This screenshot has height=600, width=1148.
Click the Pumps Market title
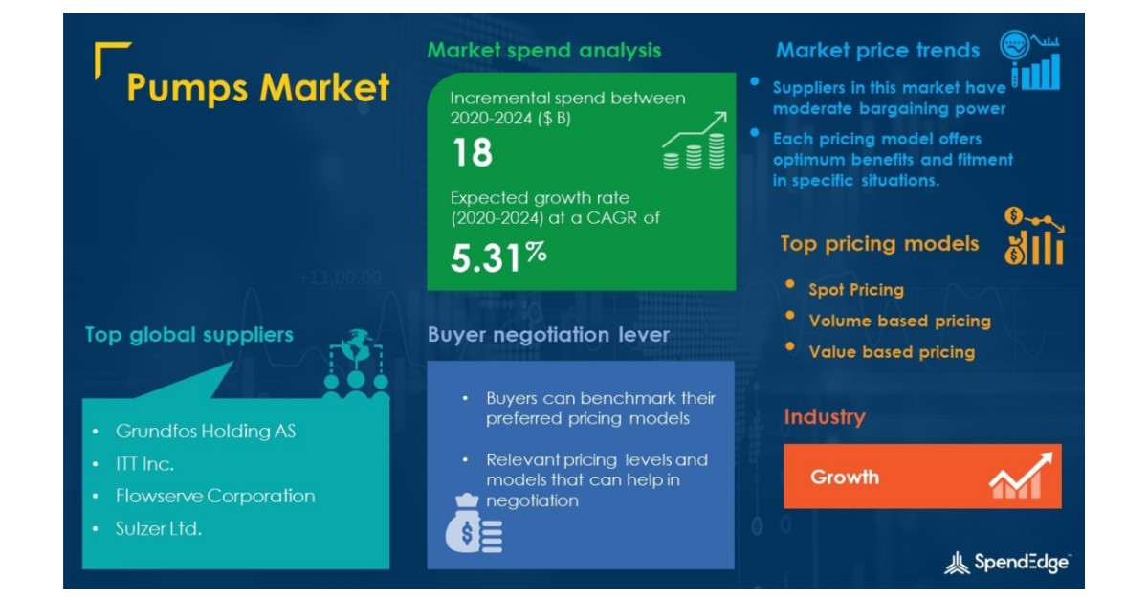pyautogui.click(x=258, y=88)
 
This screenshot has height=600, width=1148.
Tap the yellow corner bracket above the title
pyautogui.click(x=112, y=57)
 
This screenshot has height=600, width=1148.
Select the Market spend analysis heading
pyautogui.click(x=543, y=50)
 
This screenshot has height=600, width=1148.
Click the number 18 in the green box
pyautogui.click(x=471, y=153)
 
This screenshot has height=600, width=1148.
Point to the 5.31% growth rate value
pyautogui.click(x=498, y=256)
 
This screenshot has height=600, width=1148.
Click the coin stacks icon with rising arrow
pyautogui.click(x=694, y=142)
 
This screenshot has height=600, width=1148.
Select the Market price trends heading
pyautogui.click(x=877, y=50)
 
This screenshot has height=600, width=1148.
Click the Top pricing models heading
pyautogui.click(x=879, y=244)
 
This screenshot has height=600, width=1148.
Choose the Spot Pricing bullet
pyautogui.click(x=855, y=289)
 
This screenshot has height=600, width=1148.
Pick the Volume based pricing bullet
pyautogui.click(x=899, y=321)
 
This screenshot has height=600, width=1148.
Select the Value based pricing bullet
pyautogui.click(x=892, y=352)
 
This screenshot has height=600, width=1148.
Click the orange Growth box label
pyautogui.click(x=845, y=477)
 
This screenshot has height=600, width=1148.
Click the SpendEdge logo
pyautogui.click(x=1006, y=563)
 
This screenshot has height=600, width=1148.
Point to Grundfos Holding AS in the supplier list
pyautogui.click(x=206, y=432)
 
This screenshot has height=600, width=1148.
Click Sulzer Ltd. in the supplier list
pyautogui.click(x=159, y=528)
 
